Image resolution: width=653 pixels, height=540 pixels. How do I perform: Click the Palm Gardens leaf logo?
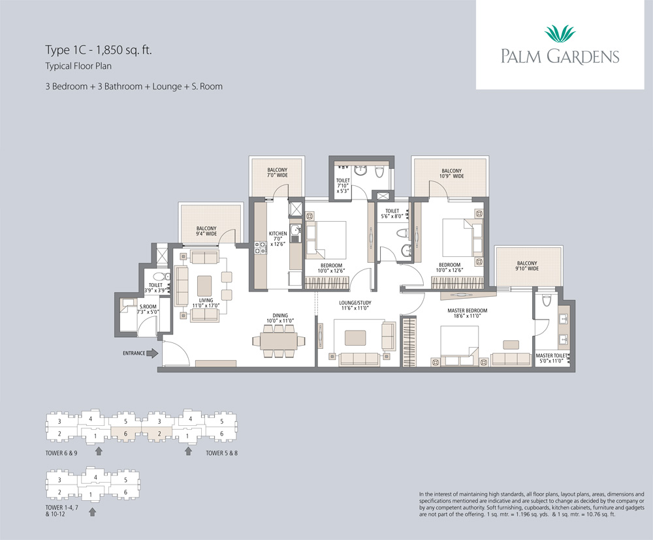tap(560, 34)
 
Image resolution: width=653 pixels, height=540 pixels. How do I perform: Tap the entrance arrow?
tap(152, 353)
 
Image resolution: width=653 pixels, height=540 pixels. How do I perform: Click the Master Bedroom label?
tap(468, 313)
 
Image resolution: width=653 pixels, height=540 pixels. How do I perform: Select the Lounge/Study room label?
tap(355, 305)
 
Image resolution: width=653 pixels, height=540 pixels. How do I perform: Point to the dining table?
tap(279, 341)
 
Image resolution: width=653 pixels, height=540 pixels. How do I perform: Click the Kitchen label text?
tap(278, 239)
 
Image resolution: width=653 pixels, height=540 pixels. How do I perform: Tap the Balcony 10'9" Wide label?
tap(451, 173)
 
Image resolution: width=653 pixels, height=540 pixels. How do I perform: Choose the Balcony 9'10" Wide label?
tap(527, 266)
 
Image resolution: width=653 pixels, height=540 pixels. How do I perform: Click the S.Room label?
tap(148, 309)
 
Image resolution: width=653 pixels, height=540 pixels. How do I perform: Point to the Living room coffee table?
tap(204, 286)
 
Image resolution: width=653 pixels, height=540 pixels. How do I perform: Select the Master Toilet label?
tap(551, 358)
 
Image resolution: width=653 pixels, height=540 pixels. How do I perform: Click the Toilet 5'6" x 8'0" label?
tap(392, 214)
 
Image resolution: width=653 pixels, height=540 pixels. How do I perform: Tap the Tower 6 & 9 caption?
tap(61, 453)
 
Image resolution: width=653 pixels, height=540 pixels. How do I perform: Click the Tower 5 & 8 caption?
tap(221, 453)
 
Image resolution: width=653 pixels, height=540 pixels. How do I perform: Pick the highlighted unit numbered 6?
tap(125, 434)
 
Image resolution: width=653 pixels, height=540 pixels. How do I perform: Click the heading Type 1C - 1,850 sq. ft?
tap(99, 50)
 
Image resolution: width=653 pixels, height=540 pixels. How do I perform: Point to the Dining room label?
tap(280, 318)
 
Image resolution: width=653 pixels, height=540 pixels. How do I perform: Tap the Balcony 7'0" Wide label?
tap(278, 173)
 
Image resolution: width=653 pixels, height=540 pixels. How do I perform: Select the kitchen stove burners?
tap(261, 248)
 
